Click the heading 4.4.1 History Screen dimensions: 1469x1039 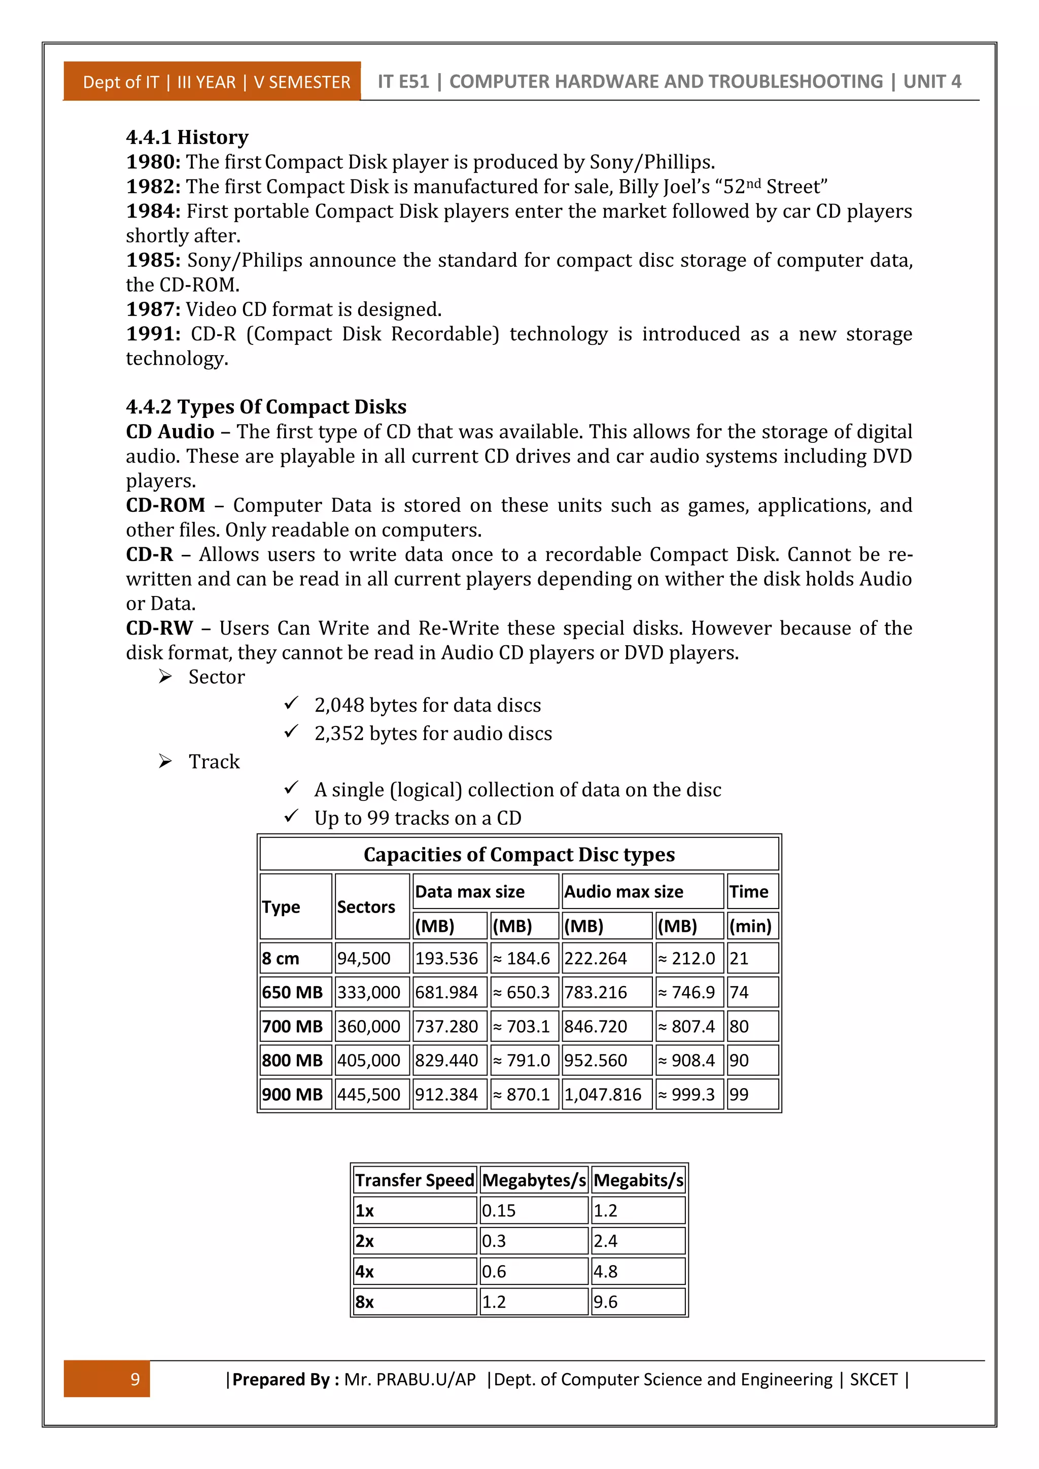click(x=187, y=137)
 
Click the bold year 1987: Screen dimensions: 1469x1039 click(x=154, y=309)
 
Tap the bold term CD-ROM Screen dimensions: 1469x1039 click(x=165, y=505)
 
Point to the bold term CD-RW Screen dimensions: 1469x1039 click(x=159, y=628)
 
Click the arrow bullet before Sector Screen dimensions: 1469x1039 click(x=165, y=677)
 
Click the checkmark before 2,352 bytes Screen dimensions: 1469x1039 click(x=291, y=732)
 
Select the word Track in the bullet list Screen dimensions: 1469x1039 click(x=214, y=762)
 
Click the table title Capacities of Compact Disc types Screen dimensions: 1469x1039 click(x=519, y=855)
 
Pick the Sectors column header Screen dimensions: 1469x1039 click(x=366, y=907)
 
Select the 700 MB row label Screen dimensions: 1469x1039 click(x=292, y=1027)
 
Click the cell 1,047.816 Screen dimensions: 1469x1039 click(x=603, y=1095)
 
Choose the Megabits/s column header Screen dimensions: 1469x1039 click(x=638, y=1180)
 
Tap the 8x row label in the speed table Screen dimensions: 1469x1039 click(x=365, y=1302)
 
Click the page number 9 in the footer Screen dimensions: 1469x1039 click(x=135, y=1379)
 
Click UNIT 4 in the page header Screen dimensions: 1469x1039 click(x=931, y=82)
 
